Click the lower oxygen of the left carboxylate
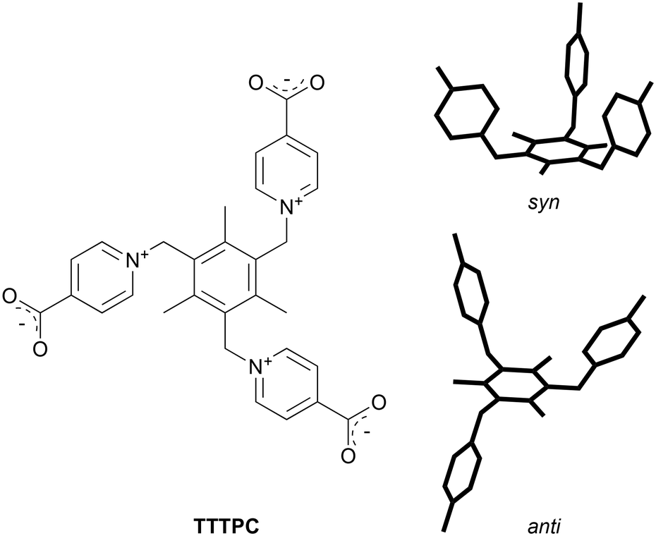click(x=40, y=347)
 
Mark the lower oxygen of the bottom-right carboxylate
click(x=346, y=456)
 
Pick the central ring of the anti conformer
click(x=514, y=385)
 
